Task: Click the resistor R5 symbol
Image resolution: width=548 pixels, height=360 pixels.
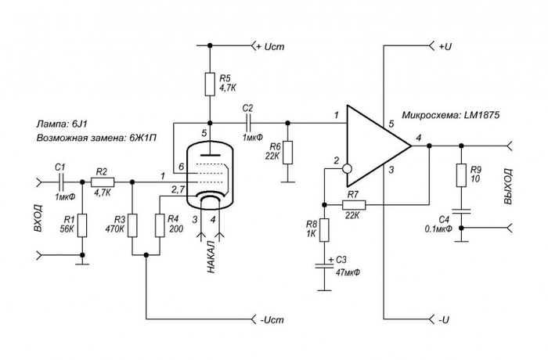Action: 209,84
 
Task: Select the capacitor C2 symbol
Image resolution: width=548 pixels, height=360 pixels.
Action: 250,122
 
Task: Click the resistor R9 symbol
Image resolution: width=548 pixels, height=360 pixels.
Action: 460,175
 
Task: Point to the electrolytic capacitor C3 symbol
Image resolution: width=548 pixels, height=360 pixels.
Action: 323,266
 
